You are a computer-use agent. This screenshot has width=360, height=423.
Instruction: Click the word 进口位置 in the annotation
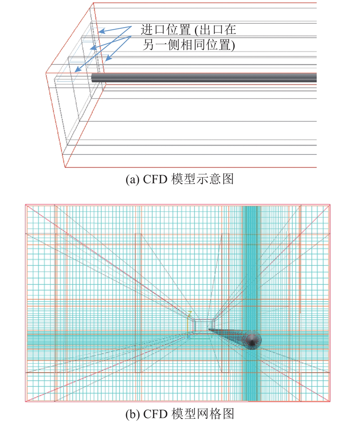pos(166,29)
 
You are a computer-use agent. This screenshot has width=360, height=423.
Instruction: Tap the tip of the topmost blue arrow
pos(99,32)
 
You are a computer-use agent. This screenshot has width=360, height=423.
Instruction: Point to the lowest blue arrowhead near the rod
pos(75,72)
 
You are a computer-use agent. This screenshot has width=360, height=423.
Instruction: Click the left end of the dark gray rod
pos(92,77)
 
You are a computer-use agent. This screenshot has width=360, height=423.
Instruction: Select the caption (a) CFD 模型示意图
pos(180,179)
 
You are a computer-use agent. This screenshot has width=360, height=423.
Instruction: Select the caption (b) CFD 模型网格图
pos(180,414)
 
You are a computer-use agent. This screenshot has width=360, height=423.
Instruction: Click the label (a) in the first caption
pos(132,179)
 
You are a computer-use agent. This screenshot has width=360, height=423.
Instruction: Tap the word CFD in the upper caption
pos(155,179)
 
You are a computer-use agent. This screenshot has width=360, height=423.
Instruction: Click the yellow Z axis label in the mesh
pos(190,314)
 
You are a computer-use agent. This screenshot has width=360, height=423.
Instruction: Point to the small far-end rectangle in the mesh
pos(203,325)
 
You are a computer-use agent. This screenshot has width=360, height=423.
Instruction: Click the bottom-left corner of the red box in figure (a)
pos(65,167)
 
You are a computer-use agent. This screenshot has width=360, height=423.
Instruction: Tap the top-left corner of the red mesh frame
pos(26,205)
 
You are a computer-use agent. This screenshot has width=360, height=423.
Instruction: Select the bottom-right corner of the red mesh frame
pos(330,401)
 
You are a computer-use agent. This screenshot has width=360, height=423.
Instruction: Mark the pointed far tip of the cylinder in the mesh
pos(208,329)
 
